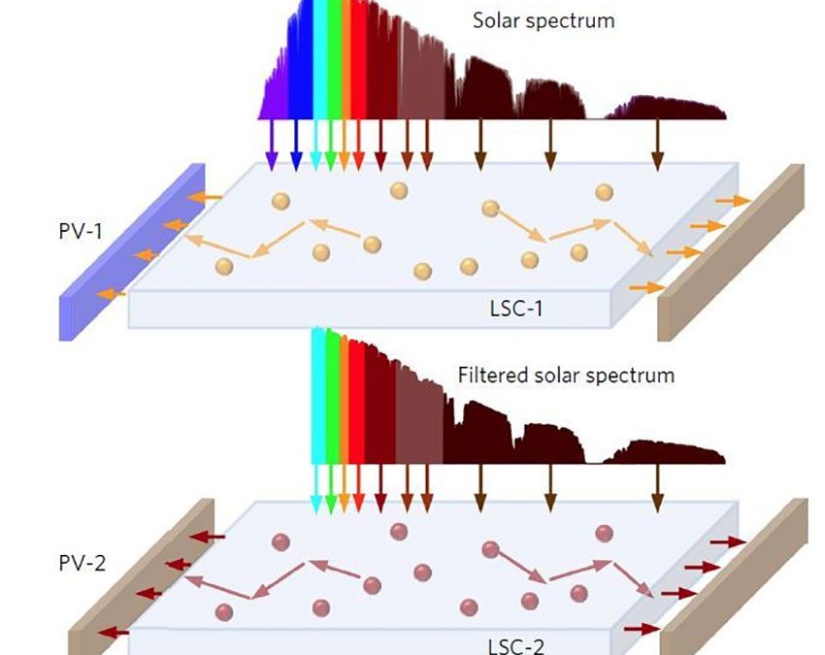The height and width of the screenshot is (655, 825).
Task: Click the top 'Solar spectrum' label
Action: coord(544,21)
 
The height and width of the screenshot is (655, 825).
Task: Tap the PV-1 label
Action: coord(80,231)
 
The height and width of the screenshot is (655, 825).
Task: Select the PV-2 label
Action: coord(82,564)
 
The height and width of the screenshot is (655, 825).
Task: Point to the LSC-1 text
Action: coord(515,309)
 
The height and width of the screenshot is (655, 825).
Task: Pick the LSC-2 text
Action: coord(516,646)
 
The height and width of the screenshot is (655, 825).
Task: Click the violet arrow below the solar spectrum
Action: coord(271,146)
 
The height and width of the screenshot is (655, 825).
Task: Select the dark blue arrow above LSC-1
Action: coord(296,146)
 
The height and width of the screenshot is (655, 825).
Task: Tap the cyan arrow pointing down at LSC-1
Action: coord(315,146)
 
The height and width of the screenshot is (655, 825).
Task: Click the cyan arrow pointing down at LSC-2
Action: coord(316,489)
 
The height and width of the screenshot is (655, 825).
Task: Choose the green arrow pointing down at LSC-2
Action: coord(330,489)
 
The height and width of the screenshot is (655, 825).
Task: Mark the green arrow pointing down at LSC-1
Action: coord(330,146)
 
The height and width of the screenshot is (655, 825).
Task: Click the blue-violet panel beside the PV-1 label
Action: coord(132,252)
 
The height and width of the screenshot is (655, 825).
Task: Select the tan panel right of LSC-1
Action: coord(732,252)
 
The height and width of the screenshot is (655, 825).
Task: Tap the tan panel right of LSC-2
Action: coord(735,576)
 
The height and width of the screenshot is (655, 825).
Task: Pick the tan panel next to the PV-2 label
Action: coord(141,577)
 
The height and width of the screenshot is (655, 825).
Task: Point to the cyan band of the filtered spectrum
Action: coord(318,397)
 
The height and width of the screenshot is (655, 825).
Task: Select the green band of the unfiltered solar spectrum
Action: coord(334,59)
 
